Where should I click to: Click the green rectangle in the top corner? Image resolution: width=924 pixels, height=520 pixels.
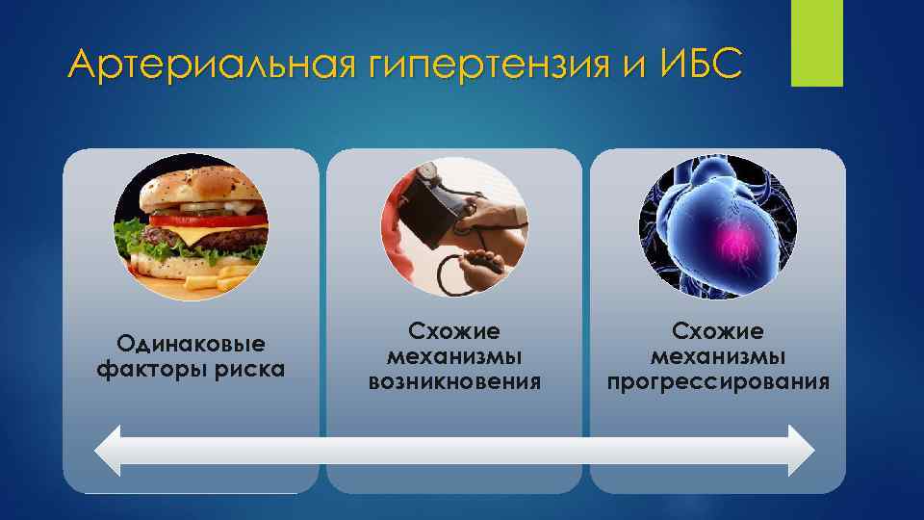816,43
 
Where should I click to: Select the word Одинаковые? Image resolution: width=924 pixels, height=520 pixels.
191,344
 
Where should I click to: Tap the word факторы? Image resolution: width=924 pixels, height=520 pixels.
150,370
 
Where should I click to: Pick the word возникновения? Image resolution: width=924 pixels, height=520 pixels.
454,382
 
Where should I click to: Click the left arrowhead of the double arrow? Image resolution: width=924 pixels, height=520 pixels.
109,450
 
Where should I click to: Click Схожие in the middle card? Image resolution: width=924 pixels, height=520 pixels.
454,331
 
